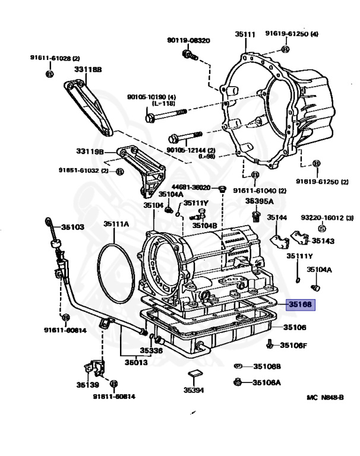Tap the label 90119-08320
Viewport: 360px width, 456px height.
pos(188,40)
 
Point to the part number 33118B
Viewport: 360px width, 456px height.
pos(88,69)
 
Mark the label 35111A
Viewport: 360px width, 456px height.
pos(116,224)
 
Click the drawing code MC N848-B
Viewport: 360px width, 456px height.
pos(325,397)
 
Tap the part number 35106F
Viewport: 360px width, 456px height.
pos(293,345)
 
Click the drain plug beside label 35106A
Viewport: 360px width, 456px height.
pos(238,382)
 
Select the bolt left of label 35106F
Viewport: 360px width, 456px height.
pos(271,344)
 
